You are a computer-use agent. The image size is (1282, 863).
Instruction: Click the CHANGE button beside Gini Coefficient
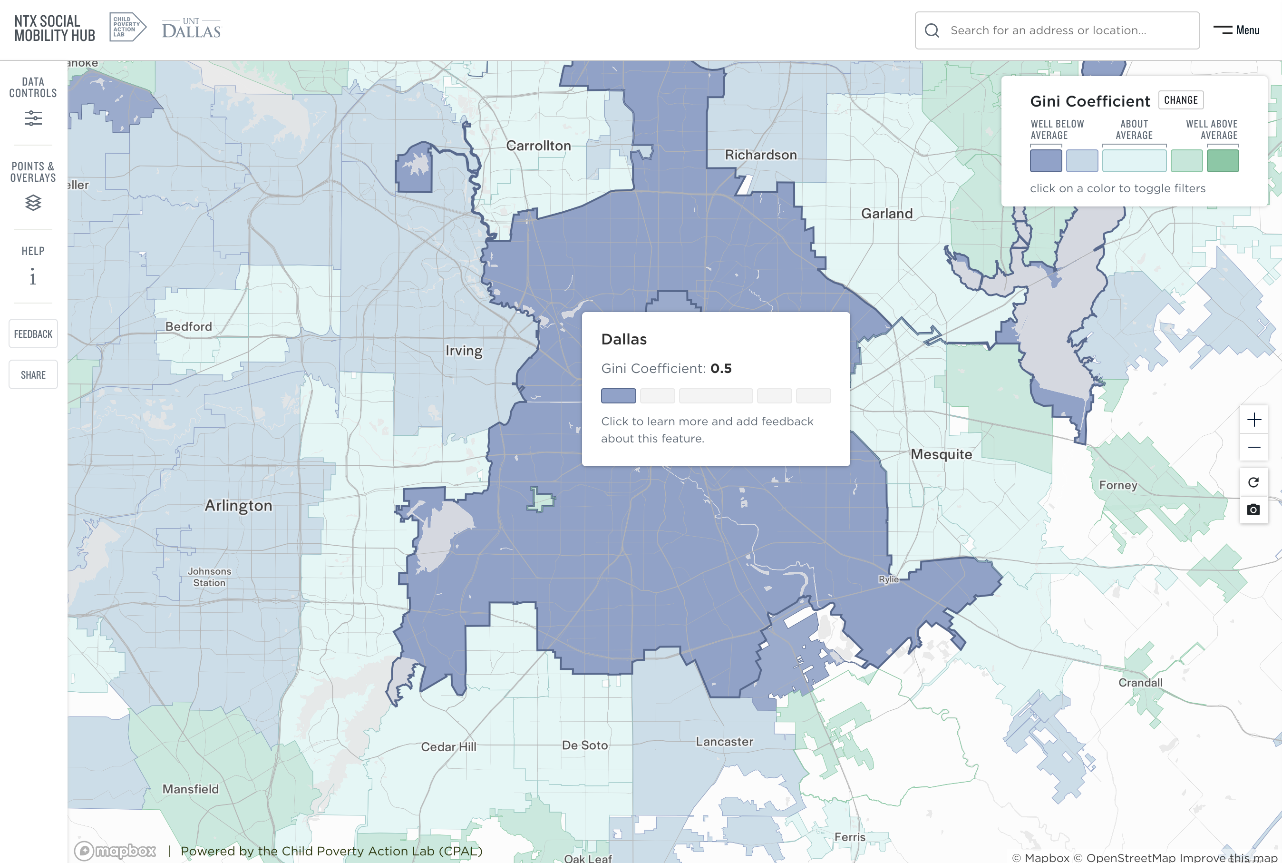tap(1180, 100)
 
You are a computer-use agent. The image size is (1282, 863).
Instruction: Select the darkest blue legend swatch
tap(1046, 161)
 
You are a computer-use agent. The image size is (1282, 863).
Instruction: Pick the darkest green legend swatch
tap(1222, 161)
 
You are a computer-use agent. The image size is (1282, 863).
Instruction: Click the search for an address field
tap(1057, 30)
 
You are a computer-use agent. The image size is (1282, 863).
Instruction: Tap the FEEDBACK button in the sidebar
tap(33, 333)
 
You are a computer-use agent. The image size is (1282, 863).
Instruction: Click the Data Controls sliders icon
tap(33, 118)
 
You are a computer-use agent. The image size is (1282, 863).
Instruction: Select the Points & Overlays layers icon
tap(33, 203)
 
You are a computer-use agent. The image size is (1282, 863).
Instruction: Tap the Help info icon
tap(33, 277)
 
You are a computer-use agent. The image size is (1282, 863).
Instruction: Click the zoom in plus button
tap(1253, 420)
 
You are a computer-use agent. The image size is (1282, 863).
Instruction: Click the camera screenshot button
tap(1253, 510)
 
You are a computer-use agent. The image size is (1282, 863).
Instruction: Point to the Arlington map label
tap(238, 505)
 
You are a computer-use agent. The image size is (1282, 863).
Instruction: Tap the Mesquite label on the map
tap(941, 454)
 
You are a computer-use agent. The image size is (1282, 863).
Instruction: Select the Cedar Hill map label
tap(448, 747)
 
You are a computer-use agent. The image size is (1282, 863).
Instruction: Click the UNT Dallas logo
tap(191, 29)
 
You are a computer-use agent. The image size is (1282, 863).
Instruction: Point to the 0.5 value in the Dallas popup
tap(720, 368)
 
